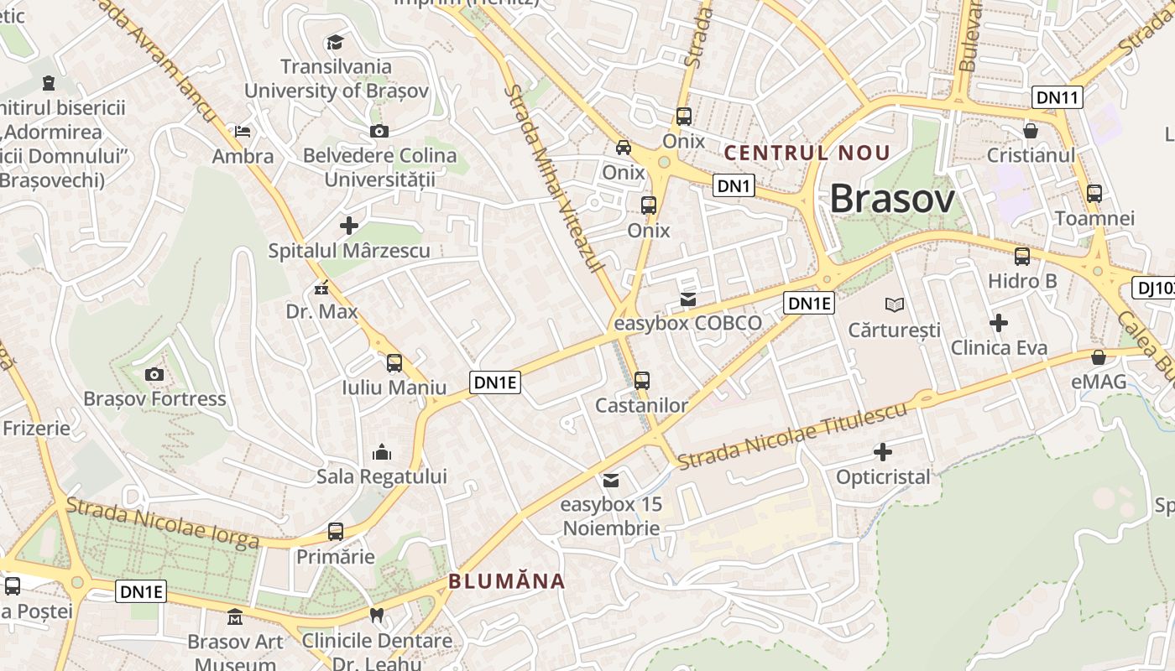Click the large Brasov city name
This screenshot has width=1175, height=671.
point(892,200)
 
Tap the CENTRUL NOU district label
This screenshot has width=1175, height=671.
point(807,153)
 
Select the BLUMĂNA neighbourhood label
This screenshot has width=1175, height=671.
point(506,581)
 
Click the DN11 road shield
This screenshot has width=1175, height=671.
point(1057,97)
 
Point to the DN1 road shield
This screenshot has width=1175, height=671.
point(734,185)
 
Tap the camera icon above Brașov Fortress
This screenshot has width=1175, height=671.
point(154,374)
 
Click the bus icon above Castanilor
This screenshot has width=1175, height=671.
point(642,380)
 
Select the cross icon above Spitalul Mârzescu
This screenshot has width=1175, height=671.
point(349,225)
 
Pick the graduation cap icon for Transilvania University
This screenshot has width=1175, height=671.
point(335,42)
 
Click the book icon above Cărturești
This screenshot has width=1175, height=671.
point(895,304)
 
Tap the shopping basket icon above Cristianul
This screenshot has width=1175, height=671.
point(1031,131)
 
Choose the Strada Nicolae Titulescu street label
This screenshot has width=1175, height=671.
point(792,436)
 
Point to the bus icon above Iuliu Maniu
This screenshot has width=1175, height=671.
point(394,363)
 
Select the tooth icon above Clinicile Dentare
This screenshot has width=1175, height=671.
point(377,616)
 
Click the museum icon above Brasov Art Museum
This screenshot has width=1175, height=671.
point(235,617)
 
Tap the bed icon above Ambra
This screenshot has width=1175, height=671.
point(243,132)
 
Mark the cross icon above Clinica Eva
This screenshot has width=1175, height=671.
point(999,322)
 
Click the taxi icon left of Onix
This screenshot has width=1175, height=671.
point(624,148)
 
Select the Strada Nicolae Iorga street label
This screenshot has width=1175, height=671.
point(162,523)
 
